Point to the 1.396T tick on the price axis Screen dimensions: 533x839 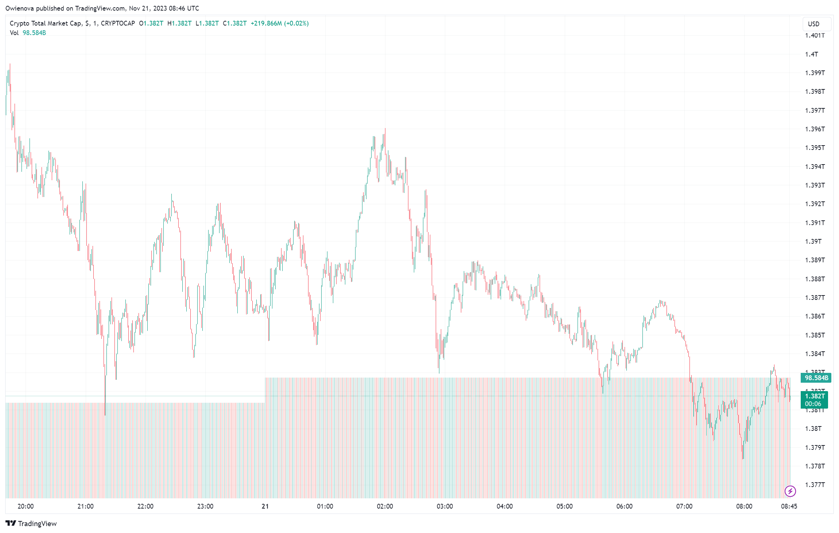[x=815, y=129]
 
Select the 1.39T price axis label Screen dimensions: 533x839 [x=813, y=242]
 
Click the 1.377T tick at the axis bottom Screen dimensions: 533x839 [x=815, y=485]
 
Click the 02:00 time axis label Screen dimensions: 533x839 [x=385, y=506]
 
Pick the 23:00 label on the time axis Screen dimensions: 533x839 [x=205, y=506]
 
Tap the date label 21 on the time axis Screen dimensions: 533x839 [x=265, y=506]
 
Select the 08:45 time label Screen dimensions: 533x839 [x=789, y=506]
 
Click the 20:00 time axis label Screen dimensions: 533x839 [x=26, y=506]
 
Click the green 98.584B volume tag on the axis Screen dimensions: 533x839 [x=816, y=378]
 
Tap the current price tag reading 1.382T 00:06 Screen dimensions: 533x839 [x=814, y=400]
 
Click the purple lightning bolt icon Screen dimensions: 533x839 [x=790, y=491]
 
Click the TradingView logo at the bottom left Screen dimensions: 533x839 [x=31, y=524]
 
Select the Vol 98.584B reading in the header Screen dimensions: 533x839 [x=28, y=33]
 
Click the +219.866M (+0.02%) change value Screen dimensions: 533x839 [x=279, y=23]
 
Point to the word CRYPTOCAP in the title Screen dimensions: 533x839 [x=118, y=23]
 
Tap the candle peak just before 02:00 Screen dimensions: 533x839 [x=385, y=129]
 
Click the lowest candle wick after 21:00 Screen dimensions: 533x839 [x=105, y=414]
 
